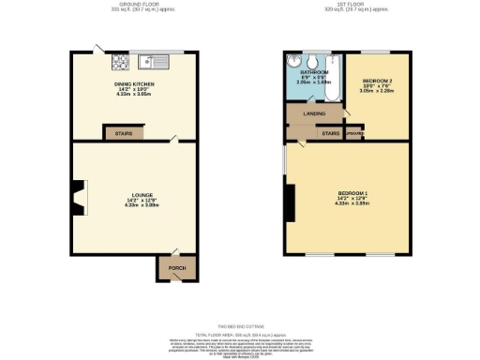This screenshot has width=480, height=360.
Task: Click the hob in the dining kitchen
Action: [x=120, y=64]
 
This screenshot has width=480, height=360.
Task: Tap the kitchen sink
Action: [x=153, y=63]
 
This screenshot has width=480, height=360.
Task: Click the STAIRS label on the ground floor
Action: [x=123, y=134]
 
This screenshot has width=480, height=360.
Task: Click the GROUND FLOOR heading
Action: [x=136, y=5]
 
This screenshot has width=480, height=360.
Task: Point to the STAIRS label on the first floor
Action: [x=330, y=133]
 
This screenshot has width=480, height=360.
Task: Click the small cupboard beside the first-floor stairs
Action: [x=354, y=133]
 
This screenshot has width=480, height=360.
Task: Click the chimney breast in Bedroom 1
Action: [x=291, y=202]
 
